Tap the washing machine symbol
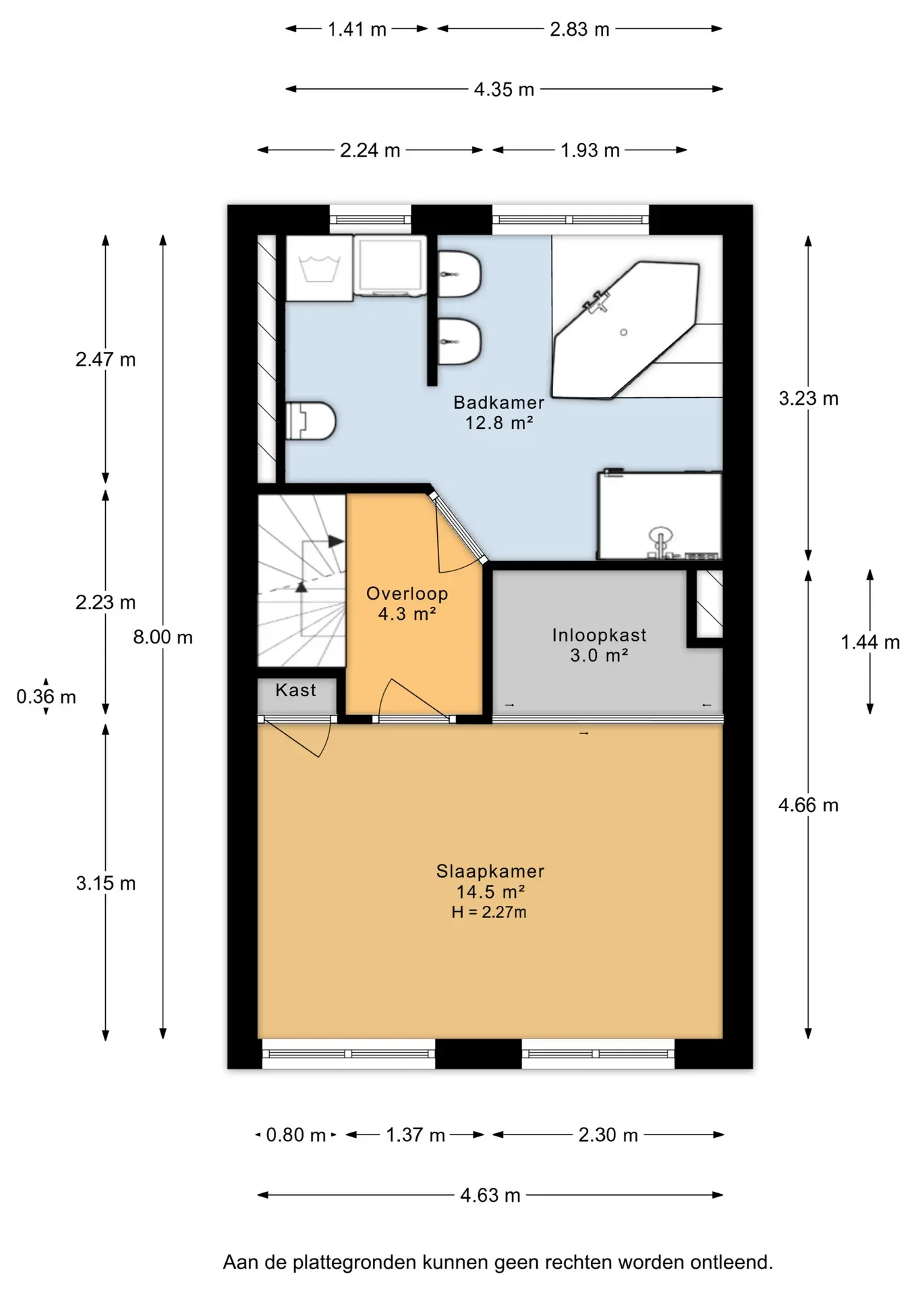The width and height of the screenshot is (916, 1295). click(x=319, y=268)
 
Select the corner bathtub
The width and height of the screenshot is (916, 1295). click(x=625, y=330)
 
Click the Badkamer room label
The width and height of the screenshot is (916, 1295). click(x=498, y=402)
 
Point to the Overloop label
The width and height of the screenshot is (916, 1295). click(x=407, y=594)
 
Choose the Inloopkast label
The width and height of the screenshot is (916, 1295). click(x=599, y=635)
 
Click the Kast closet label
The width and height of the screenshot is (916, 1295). click(x=295, y=690)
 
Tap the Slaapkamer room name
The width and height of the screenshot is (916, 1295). click(x=490, y=871)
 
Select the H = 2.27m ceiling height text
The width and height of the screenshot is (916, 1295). click(x=489, y=912)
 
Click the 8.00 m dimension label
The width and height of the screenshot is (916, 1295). click(x=163, y=637)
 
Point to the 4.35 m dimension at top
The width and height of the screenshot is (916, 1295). click(x=504, y=89)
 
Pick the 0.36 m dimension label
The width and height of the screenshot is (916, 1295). click(x=46, y=696)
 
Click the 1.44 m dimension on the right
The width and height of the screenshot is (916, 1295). click(x=870, y=642)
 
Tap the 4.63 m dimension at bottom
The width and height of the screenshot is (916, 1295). click(x=490, y=1195)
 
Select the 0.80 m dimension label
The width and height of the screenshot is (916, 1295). click(x=295, y=1134)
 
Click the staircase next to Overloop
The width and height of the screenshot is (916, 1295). click(x=302, y=581)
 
